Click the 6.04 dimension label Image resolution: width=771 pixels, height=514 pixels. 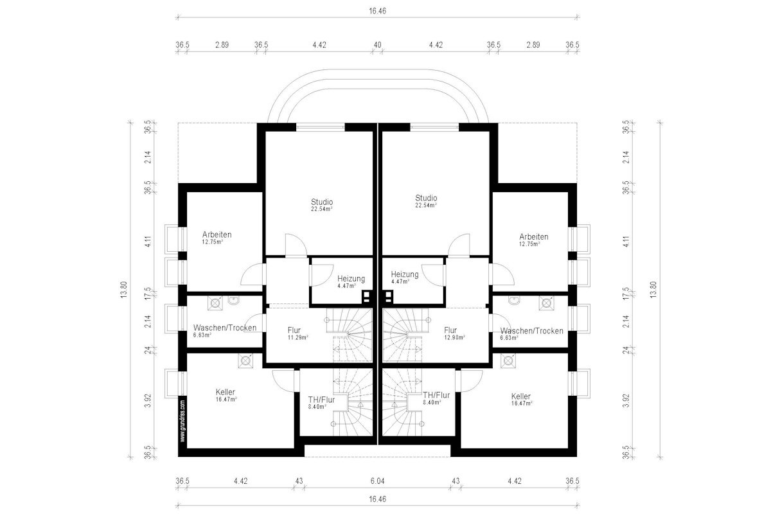pos(377,481)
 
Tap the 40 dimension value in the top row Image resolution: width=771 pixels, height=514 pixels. pos(377,45)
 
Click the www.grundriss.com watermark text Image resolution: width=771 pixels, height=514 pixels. pos(182,420)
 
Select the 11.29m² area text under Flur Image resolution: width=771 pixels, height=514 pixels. pos(297,337)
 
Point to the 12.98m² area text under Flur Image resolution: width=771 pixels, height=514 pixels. pos(455,337)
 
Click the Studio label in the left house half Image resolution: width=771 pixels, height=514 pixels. pos(322,202)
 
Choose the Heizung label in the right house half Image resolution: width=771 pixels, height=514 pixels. pos(405,274)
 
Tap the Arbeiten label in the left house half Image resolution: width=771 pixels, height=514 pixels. pos(217,235)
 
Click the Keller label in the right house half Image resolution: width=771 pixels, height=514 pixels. pos(521,396)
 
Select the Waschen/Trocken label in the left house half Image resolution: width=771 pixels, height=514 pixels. pos(225,328)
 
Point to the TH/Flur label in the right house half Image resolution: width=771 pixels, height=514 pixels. pos(436,395)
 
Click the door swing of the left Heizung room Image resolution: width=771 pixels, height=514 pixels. pos(322,275)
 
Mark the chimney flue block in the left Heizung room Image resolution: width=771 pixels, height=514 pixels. pos(366,297)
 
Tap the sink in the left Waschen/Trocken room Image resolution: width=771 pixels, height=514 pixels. pos(234,301)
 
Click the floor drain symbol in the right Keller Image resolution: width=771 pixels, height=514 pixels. pos(508,360)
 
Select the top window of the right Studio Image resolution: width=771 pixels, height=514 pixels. pos(434,127)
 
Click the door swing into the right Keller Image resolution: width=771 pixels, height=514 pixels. pos(472,381)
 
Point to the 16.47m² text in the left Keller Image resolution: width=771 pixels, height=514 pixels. pos(226,400)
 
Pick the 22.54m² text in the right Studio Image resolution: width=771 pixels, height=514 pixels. pos(426,205)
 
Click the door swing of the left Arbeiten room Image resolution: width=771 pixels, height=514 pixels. pos(252,274)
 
